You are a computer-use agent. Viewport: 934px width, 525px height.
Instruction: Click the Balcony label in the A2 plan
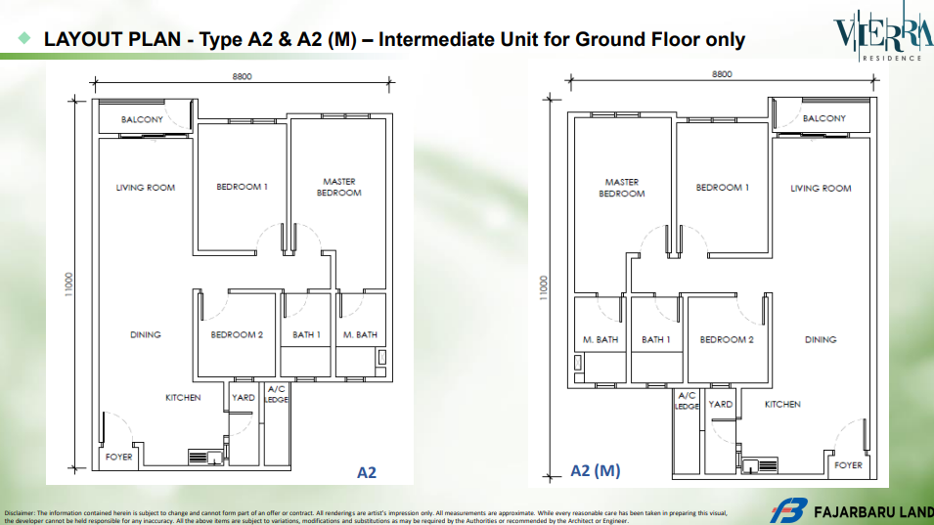pos(142,119)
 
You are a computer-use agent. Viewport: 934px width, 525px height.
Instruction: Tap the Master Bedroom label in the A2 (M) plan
pos(622,188)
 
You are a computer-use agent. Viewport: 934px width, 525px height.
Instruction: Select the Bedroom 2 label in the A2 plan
pos(237,334)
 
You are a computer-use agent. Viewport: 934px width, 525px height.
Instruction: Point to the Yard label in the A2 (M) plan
pos(720,404)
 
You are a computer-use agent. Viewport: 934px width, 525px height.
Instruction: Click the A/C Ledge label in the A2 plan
pos(277,394)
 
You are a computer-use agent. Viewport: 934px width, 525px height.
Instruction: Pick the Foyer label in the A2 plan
pos(118,458)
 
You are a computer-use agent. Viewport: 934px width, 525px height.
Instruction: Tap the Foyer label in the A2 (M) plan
pos(848,465)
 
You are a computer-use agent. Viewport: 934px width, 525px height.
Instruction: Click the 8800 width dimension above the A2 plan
pos(242,77)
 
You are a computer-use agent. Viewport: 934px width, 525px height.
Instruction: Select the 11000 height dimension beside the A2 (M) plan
pos(543,287)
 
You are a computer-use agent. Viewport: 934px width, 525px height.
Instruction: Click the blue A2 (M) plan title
pos(595,471)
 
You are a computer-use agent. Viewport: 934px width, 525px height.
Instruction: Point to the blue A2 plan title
pos(367,472)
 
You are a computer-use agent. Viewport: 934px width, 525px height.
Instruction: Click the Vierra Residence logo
pos(883,32)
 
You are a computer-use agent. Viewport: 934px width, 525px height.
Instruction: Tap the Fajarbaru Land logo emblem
pos(788,511)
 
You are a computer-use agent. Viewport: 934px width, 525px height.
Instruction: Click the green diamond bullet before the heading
pos(24,38)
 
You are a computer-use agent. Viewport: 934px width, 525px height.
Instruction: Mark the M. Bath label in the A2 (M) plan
pos(600,340)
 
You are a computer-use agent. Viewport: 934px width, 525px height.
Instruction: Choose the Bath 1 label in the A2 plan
pos(306,334)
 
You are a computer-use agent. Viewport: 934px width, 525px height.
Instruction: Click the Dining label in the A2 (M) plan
pos(821,339)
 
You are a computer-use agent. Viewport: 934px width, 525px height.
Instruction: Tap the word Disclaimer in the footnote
pos(19,512)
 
